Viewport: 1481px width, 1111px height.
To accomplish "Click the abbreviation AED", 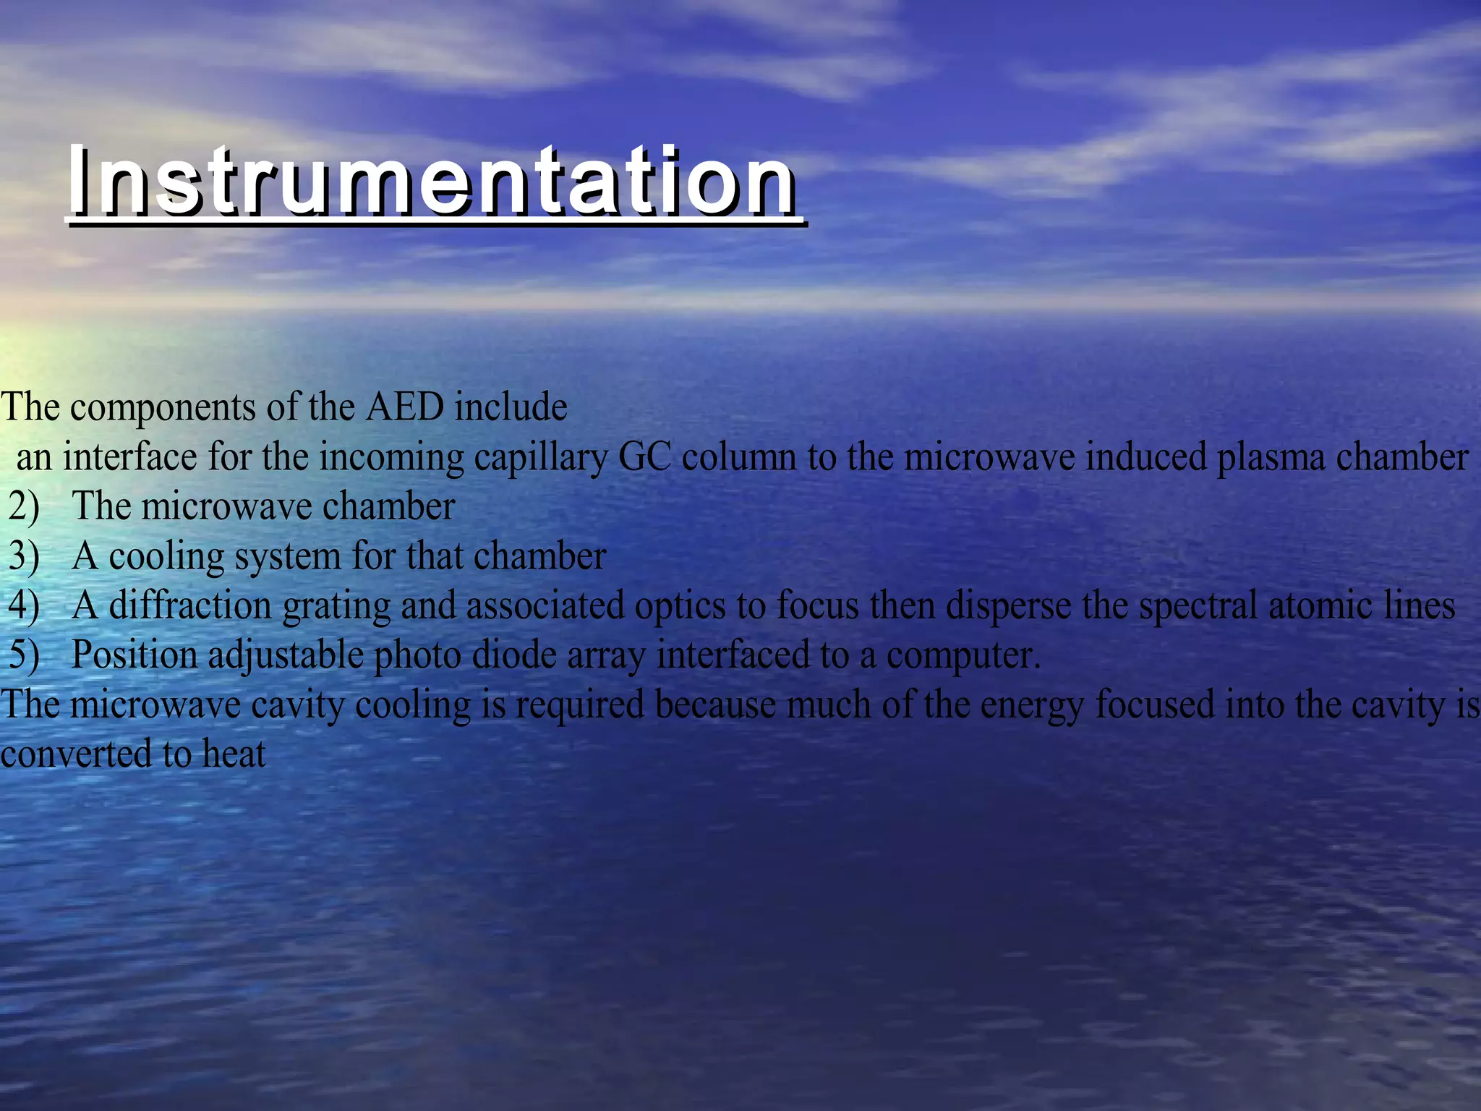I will click(x=404, y=406).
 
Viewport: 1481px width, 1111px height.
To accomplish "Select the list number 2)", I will click(x=24, y=506).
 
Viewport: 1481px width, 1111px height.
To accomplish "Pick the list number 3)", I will click(x=24, y=556).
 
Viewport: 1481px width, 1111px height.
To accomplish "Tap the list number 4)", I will click(x=24, y=606).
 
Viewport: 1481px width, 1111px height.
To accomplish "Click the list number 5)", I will click(x=24, y=655).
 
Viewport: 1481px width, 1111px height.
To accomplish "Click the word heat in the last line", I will click(x=234, y=754).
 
